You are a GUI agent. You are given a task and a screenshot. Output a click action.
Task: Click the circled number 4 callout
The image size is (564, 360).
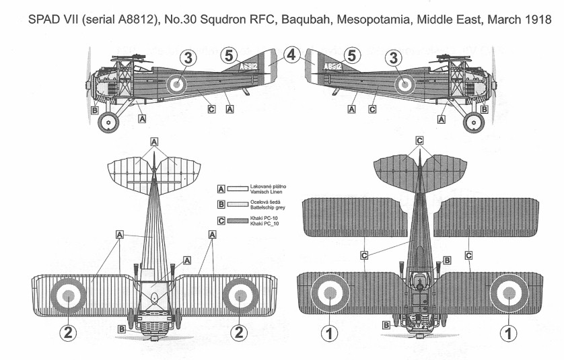point(291,56)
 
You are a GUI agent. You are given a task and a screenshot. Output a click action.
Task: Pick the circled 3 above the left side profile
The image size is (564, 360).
point(187,59)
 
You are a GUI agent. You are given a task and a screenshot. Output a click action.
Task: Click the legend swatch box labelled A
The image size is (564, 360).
point(221,190)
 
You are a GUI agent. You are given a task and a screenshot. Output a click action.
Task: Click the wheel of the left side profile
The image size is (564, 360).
point(109,123)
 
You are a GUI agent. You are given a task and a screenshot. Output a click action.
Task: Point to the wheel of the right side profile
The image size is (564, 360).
point(474,123)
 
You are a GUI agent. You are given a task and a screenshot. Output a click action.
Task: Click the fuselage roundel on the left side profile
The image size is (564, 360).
point(176,83)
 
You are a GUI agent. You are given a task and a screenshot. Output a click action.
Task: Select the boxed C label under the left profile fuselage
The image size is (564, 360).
point(211,108)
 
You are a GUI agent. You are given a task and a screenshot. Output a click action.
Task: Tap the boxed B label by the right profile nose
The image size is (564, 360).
point(484,109)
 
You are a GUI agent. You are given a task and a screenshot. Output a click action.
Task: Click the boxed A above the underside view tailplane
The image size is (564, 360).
point(154,142)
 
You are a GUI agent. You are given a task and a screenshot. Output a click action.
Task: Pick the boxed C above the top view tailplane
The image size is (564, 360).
point(419,141)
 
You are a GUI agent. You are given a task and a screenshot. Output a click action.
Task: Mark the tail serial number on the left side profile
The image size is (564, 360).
point(249,66)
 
